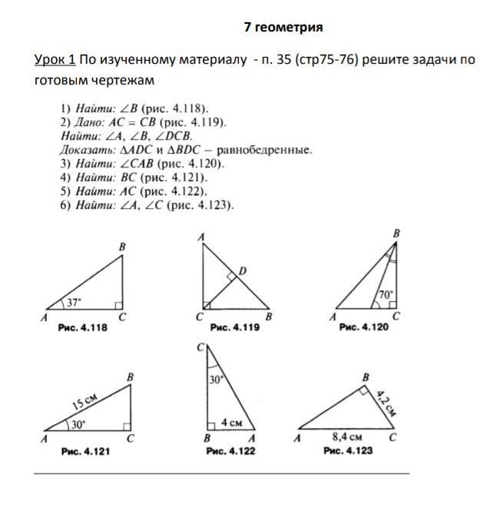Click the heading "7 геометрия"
click(x=283, y=27)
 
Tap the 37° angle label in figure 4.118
click(x=73, y=302)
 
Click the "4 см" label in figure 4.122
click(x=231, y=423)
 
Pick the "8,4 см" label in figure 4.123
click(x=346, y=436)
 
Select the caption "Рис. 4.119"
click(x=234, y=328)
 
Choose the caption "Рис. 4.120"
click(x=364, y=327)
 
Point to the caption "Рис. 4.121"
click(x=85, y=452)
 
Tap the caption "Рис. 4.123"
click(x=348, y=451)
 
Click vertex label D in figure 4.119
click(x=243, y=271)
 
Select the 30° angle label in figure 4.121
click(x=78, y=423)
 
